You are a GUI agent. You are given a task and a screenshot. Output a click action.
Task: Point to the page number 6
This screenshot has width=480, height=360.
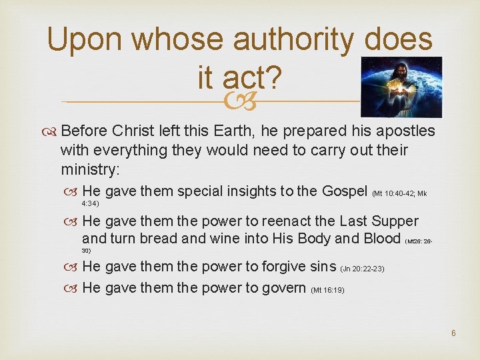point(453,333)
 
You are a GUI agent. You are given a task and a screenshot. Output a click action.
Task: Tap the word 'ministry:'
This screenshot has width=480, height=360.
point(90,169)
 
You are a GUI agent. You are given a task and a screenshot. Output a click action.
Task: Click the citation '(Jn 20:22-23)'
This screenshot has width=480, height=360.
point(362,269)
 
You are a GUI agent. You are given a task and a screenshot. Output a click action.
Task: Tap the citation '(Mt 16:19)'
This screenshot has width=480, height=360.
point(327,290)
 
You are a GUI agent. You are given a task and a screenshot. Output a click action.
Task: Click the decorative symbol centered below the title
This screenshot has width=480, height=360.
point(240,102)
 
